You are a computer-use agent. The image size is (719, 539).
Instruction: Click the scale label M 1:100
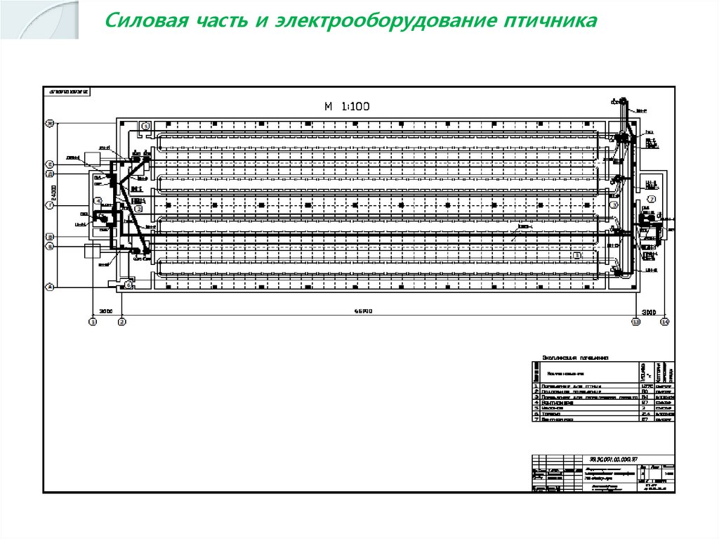point(346,107)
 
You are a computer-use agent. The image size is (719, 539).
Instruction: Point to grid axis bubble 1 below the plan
point(92,322)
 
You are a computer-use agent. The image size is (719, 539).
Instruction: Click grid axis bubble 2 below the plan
point(121,322)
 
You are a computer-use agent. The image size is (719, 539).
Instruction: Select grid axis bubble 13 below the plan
point(635,322)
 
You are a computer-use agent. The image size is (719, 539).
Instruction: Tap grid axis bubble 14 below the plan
point(665,322)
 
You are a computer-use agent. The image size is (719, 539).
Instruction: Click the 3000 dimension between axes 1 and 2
point(105,311)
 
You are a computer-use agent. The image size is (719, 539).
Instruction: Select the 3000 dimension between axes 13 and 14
point(649,311)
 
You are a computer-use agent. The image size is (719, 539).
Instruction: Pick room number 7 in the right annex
point(651,199)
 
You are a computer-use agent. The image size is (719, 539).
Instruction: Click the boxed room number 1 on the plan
point(576,255)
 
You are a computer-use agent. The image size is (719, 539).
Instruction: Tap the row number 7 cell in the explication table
point(536,420)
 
